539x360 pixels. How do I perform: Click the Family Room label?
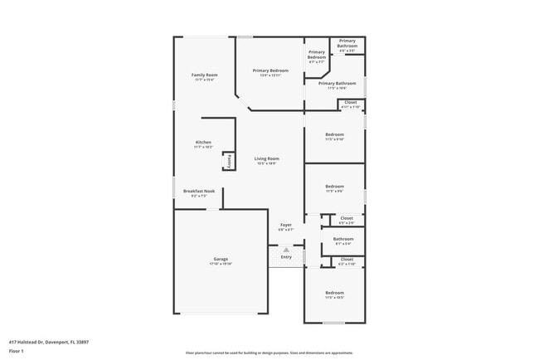(x=204, y=75)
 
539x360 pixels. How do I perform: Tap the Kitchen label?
(x=204, y=142)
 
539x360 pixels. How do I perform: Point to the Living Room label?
(x=266, y=158)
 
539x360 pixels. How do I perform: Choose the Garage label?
(x=220, y=259)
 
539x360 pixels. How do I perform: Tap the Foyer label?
(x=286, y=225)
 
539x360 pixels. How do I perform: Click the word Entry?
(x=286, y=256)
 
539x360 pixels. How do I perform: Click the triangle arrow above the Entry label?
(x=286, y=249)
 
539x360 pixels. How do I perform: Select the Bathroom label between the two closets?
(x=343, y=239)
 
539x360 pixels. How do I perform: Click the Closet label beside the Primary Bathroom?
(x=351, y=102)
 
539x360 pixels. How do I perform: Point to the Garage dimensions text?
(x=220, y=264)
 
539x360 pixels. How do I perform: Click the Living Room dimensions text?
(x=266, y=163)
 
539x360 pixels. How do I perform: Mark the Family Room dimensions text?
(x=204, y=80)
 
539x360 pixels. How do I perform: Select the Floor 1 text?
(x=17, y=351)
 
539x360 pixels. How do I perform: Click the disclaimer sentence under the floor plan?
(x=269, y=352)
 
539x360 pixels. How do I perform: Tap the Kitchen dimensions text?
(x=204, y=147)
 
